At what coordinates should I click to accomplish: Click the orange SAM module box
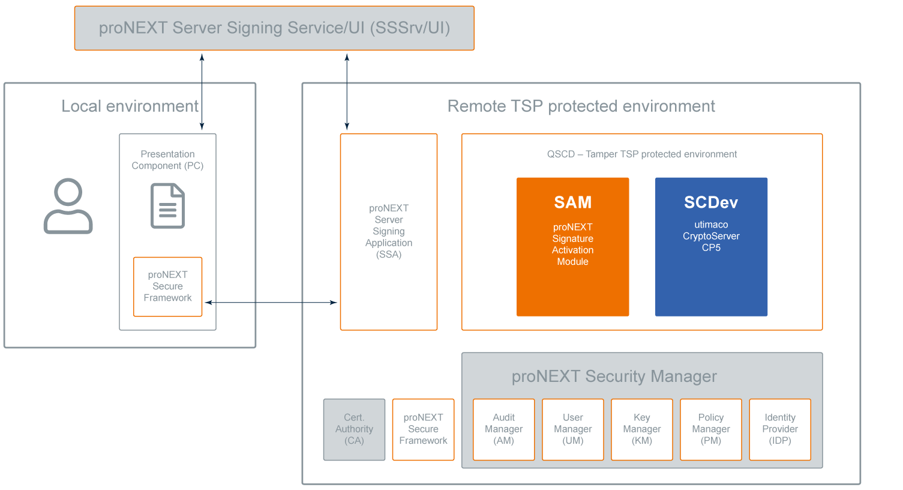coord(572,246)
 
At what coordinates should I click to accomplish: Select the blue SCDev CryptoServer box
coord(711,246)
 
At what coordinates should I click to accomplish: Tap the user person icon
coord(68,205)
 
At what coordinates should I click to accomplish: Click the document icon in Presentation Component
coord(167,206)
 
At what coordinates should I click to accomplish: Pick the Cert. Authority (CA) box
coord(354,429)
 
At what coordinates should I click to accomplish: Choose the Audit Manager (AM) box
coord(503,429)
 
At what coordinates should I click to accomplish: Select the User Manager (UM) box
coord(572,429)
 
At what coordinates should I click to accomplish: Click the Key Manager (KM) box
coord(641,429)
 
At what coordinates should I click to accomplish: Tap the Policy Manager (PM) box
coord(710,429)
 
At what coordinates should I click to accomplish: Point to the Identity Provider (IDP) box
coord(780,429)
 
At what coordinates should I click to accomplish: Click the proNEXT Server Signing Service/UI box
coord(274,28)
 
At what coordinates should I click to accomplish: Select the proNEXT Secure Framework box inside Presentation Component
coord(167,286)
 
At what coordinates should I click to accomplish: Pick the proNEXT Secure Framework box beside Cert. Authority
coord(423,429)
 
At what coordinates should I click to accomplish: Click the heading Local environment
coord(130,106)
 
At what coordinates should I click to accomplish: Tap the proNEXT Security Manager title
coord(614,377)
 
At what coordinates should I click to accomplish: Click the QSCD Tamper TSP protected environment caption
coord(641,154)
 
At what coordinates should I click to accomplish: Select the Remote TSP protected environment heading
coord(581,106)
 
